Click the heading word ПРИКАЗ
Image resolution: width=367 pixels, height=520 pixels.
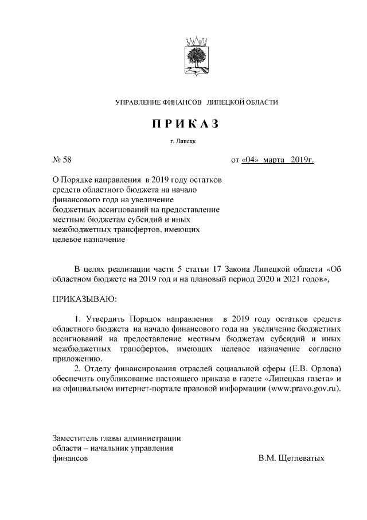(x=185, y=124)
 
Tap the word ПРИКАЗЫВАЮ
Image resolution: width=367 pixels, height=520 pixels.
(x=84, y=299)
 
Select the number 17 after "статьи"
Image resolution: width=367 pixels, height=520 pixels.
(x=218, y=269)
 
